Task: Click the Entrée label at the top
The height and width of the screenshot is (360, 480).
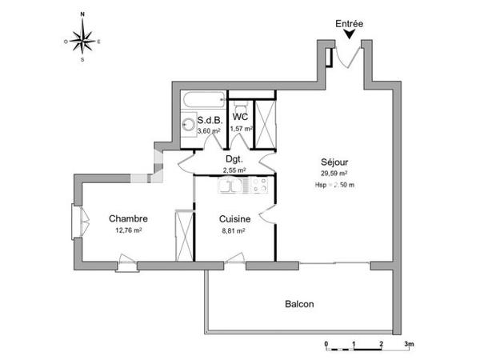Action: [349, 24]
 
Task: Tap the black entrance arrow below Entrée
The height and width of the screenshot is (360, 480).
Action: [349, 34]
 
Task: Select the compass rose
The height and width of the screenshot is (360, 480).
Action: [82, 38]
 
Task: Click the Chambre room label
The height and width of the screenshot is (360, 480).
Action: [128, 218]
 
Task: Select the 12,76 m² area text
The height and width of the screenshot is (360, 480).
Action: [128, 230]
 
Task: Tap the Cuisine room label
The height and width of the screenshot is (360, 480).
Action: [235, 218]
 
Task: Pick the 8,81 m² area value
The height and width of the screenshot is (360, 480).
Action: [232, 230]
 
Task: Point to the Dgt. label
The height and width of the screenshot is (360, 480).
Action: [234, 158]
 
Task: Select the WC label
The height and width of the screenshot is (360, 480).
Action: [240, 116]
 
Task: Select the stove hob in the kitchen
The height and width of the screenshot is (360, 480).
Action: [259, 186]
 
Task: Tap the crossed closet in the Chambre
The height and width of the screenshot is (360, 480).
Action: [184, 234]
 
